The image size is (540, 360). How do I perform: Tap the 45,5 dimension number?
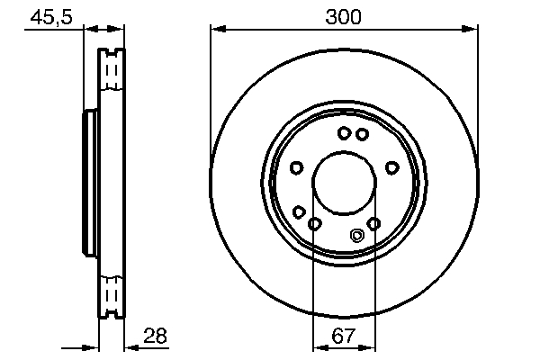tap(51, 16)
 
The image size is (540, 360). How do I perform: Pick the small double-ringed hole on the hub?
tap(357, 236)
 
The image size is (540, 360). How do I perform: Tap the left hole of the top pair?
tap(344, 134)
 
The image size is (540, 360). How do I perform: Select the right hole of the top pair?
tap(362, 134)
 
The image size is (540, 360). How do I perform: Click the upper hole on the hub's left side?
tap(296, 167)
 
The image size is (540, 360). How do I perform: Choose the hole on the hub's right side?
tap(391, 167)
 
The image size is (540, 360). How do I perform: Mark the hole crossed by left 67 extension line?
tap(314, 223)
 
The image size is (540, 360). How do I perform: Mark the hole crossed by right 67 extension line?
tap(374, 223)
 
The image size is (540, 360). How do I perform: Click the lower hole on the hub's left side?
tap(298, 212)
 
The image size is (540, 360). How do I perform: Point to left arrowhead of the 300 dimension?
tap(216, 30)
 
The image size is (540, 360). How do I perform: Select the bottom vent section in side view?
tap(112, 294)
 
